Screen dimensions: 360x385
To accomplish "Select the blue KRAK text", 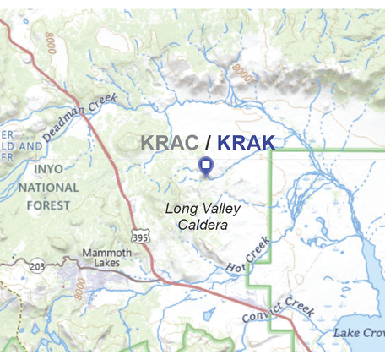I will (x=247, y=143).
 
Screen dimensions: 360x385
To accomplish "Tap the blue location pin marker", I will (x=205, y=166).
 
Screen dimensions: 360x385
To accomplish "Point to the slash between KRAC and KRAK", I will (x=208, y=143).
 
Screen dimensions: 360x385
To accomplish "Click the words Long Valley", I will (x=203, y=209).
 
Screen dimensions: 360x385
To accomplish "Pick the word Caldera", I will (x=203, y=224).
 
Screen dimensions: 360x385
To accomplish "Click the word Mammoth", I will (x=107, y=252).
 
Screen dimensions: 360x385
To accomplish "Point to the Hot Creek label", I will (x=248, y=257).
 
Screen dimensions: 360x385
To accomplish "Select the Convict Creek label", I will (x=278, y=310).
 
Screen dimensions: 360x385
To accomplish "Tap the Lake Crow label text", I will (x=358, y=332).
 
